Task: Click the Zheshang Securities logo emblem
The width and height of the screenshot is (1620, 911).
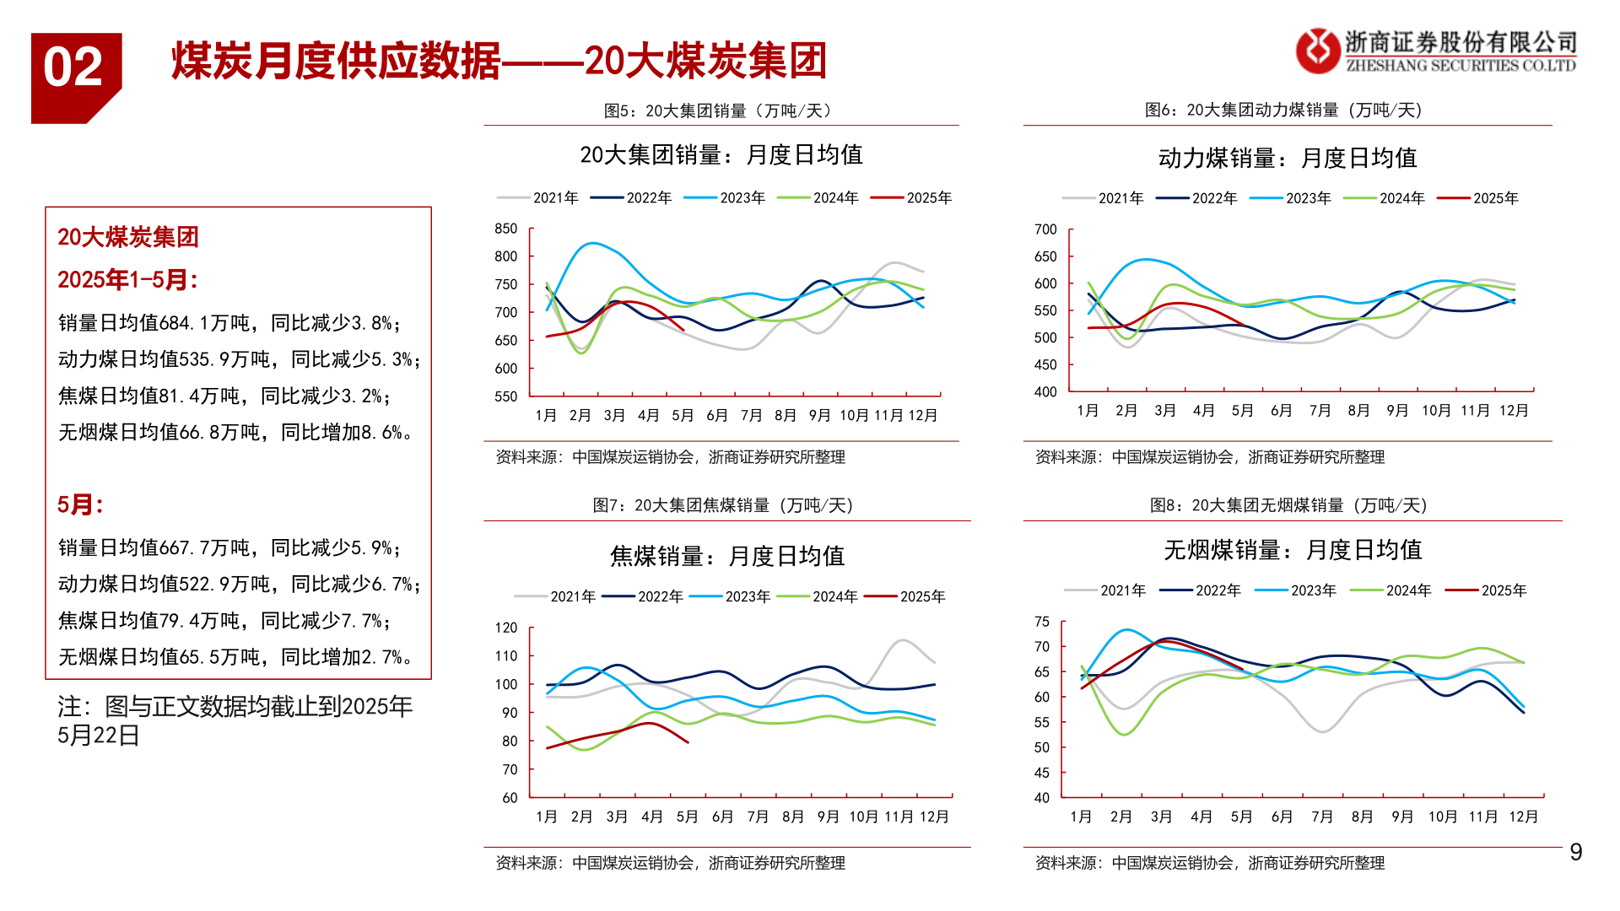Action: click(1317, 51)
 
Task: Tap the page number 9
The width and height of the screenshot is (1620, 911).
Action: click(1575, 852)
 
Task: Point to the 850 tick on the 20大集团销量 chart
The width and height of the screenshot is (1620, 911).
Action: click(506, 229)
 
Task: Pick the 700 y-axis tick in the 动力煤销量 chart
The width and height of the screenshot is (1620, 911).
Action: click(1045, 229)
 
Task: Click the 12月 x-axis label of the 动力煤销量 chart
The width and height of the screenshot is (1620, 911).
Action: click(1514, 411)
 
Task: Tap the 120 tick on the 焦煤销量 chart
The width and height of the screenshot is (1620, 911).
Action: click(506, 628)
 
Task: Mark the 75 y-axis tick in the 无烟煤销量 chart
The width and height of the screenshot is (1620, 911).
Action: click(1042, 622)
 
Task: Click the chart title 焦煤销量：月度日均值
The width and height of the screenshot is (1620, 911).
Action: click(726, 556)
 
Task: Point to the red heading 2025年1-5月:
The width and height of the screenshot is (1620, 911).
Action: click(127, 279)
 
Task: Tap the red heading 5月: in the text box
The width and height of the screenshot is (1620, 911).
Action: click(80, 504)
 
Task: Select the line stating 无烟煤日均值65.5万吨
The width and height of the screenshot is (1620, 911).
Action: click(235, 656)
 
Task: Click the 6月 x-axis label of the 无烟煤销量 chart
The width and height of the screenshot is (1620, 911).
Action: click(1282, 817)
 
